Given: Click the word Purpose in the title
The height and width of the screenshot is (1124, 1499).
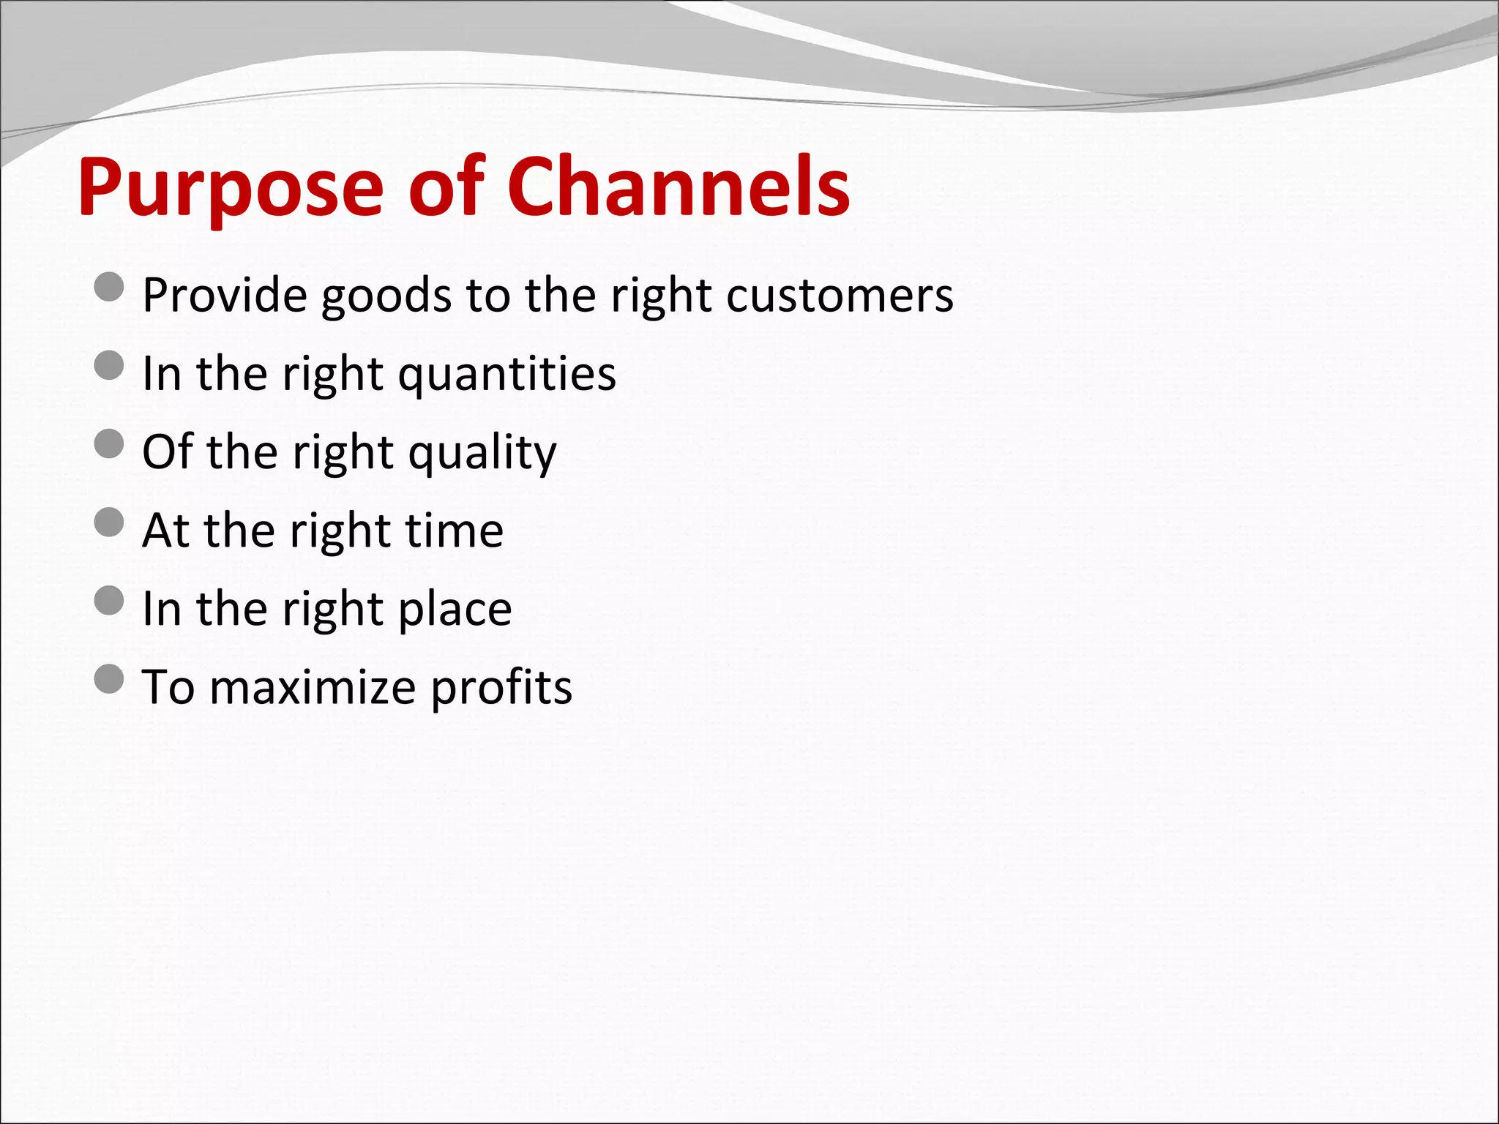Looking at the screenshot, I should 231,189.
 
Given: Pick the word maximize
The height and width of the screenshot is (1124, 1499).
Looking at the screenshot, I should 313,688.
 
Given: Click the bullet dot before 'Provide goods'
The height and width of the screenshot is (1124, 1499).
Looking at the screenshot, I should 109,287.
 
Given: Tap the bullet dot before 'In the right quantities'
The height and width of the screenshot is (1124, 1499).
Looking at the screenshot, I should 109,365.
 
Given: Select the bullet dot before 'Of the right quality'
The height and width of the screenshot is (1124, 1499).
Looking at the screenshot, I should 109,443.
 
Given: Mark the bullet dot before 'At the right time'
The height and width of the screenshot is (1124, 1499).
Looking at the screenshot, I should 109,522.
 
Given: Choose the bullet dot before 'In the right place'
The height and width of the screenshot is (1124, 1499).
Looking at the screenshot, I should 109,601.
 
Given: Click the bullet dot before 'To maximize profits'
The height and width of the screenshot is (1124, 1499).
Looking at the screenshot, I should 109,679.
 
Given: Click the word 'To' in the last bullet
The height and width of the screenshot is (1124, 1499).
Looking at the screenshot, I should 168,687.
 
